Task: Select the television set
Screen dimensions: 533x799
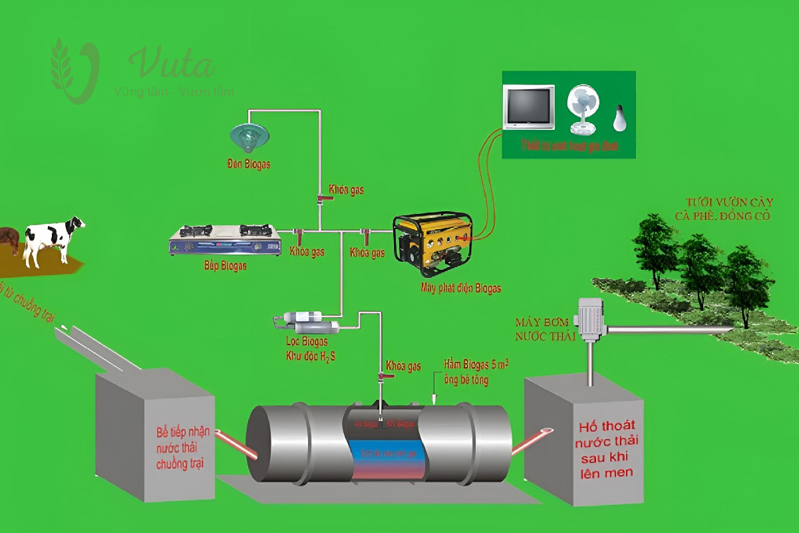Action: click(529, 107)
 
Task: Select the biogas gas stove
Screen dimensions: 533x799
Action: click(225, 239)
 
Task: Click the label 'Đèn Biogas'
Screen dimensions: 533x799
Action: click(249, 164)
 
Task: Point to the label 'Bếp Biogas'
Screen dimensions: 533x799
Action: click(225, 266)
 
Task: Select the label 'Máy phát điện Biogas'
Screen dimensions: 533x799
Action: click(460, 288)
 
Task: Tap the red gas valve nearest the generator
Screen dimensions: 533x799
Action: click(365, 235)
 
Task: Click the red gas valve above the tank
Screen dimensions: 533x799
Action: click(382, 378)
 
